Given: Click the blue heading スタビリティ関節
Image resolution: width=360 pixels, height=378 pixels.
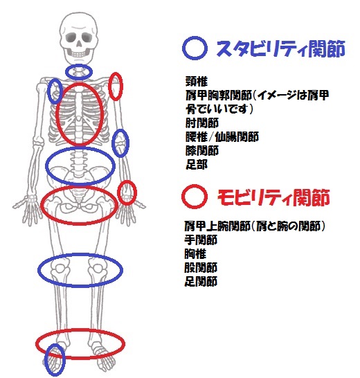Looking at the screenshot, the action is coord(281,48).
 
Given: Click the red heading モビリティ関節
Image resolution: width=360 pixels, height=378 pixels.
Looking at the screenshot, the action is coord(273,197).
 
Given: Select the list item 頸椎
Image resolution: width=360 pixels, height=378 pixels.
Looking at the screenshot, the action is coord(197,81).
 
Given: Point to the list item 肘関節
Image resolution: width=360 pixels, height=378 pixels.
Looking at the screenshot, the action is coord(202,123).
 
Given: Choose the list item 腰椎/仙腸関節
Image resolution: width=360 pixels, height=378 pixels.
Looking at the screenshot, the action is coord(222,137).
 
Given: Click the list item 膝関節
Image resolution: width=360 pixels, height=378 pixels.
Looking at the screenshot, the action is coord(202,151).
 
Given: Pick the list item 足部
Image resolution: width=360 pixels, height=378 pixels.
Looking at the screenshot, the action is coord(197,165).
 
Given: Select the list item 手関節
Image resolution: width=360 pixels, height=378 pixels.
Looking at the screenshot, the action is coord(201,240).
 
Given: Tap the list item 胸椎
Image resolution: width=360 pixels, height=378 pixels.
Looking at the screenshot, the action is coord(195,253).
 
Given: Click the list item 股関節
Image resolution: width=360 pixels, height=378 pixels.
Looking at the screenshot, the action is coord(201,267).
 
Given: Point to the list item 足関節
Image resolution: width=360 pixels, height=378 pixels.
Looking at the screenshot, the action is coord(201,281).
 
